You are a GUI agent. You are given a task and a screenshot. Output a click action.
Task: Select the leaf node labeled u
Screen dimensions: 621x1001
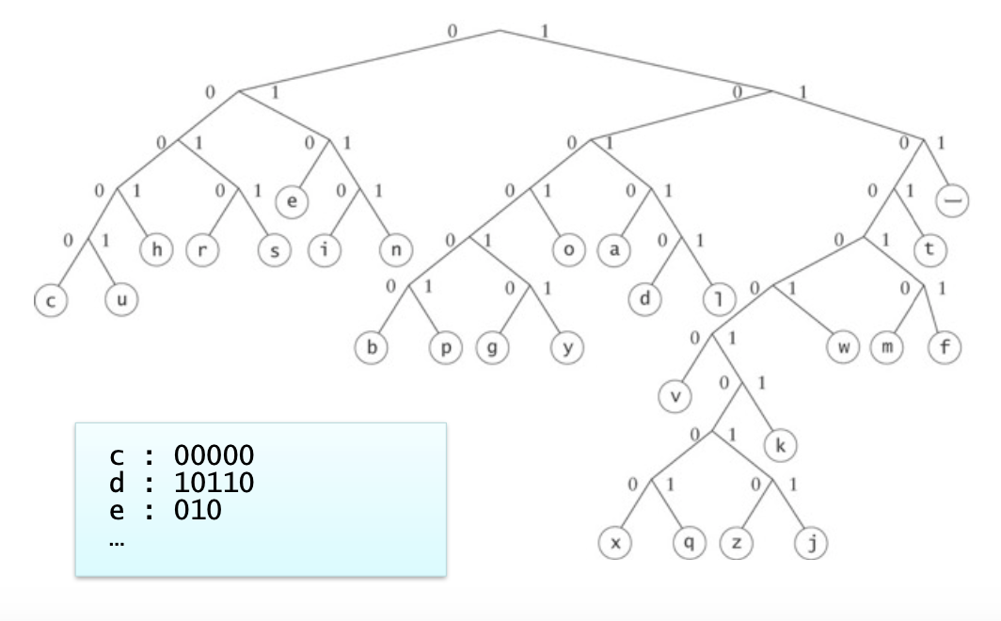pos(120,300)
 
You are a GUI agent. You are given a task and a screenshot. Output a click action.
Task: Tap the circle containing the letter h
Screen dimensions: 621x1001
pos(156,251)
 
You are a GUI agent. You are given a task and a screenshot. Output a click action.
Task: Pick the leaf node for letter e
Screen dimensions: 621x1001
pos(293,202)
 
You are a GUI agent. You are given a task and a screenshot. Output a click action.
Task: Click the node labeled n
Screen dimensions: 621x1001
pos(394,251)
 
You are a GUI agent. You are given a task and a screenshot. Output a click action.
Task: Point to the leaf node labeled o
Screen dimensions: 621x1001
pos(568,251)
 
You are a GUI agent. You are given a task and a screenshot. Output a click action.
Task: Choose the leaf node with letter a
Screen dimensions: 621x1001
pos(614,251)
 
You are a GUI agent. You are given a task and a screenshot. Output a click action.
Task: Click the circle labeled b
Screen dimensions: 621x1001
pos(372,348)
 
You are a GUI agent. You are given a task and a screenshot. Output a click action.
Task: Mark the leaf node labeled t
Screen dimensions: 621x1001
pos(930,251)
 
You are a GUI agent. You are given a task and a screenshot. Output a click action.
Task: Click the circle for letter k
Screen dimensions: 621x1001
pos(780,445)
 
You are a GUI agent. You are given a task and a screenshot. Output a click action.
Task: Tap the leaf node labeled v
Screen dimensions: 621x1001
pos(675,396)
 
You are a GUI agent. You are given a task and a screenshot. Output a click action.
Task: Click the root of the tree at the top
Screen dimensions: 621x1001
pos(500,30)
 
